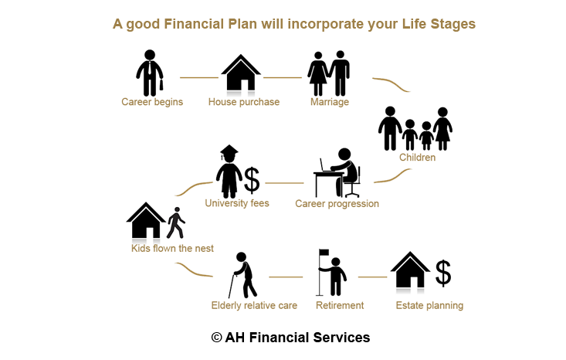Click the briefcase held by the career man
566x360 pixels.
[161, 85]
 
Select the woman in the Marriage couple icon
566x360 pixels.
[318, 73]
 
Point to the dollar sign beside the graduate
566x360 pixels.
[252, 180]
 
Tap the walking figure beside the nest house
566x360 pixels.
[176, 222]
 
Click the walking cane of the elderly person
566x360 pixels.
[232, 286]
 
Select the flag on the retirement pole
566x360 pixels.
[324, 252]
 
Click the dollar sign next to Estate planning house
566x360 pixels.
[443, 273]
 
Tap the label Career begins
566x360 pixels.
[152, 102]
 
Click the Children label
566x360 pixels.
[417, 158]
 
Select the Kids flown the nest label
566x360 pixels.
[172, 249]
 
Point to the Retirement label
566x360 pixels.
[340, 305]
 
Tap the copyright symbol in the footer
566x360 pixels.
[216, 338]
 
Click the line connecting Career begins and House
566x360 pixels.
[199, 77]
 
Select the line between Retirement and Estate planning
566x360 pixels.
[372, 277]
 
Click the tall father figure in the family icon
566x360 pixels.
[390, 128]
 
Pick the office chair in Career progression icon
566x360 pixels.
[354, 182]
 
